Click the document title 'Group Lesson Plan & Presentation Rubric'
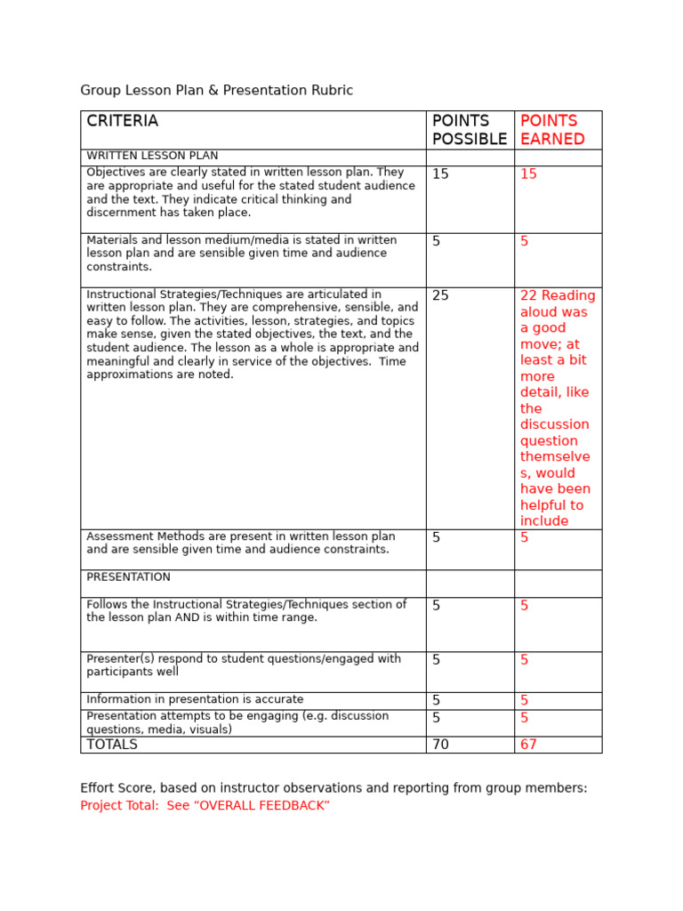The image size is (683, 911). coord(216,91)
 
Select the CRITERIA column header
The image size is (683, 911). coord(122,121)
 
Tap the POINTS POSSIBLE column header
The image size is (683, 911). coord(469,130)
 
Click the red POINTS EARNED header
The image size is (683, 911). coord(552,130)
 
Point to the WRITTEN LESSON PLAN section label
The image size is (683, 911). coord(152,156)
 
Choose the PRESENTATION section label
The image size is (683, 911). coord(128,577)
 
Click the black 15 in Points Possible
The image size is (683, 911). coord(440,174)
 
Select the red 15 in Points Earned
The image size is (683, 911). coord(528,174)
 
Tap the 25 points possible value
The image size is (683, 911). coord(440,295)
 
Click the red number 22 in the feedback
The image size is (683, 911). coord(528,295)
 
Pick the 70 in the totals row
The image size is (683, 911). coord(440,745)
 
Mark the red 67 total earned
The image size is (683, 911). coord(528,745)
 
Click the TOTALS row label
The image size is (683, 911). coord(112,745)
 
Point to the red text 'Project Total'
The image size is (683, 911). coord(117,805)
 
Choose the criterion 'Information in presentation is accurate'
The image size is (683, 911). coord(195,700)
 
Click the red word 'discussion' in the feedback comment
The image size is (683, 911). coord(554,424)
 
